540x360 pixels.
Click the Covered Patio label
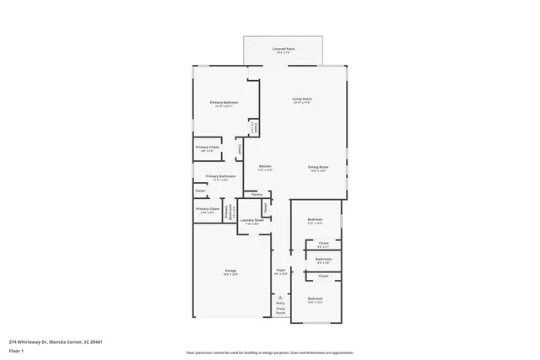[x=283, y=49]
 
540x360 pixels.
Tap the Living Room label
[x=302, y=99]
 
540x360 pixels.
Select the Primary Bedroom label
[x=224, y=103]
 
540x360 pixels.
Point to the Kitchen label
[x=264, y=167]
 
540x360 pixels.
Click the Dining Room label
[x=317, y=167]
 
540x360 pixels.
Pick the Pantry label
[x=256, y=194]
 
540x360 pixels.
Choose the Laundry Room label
[x=252, y=220]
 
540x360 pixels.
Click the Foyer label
[x=281, y=270]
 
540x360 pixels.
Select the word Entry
[x=280, y=303]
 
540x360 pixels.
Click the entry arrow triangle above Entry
[x=280, y=296]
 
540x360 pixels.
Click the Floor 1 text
[x=17, y=350]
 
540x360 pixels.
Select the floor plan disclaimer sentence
[x=269, y=352]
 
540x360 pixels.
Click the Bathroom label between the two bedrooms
[x=323, y=259]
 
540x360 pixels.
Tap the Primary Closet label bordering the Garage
[x=208, y=208]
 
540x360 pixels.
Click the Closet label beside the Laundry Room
[x=265, y=206]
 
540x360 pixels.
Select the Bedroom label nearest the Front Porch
[x=315, y=299]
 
